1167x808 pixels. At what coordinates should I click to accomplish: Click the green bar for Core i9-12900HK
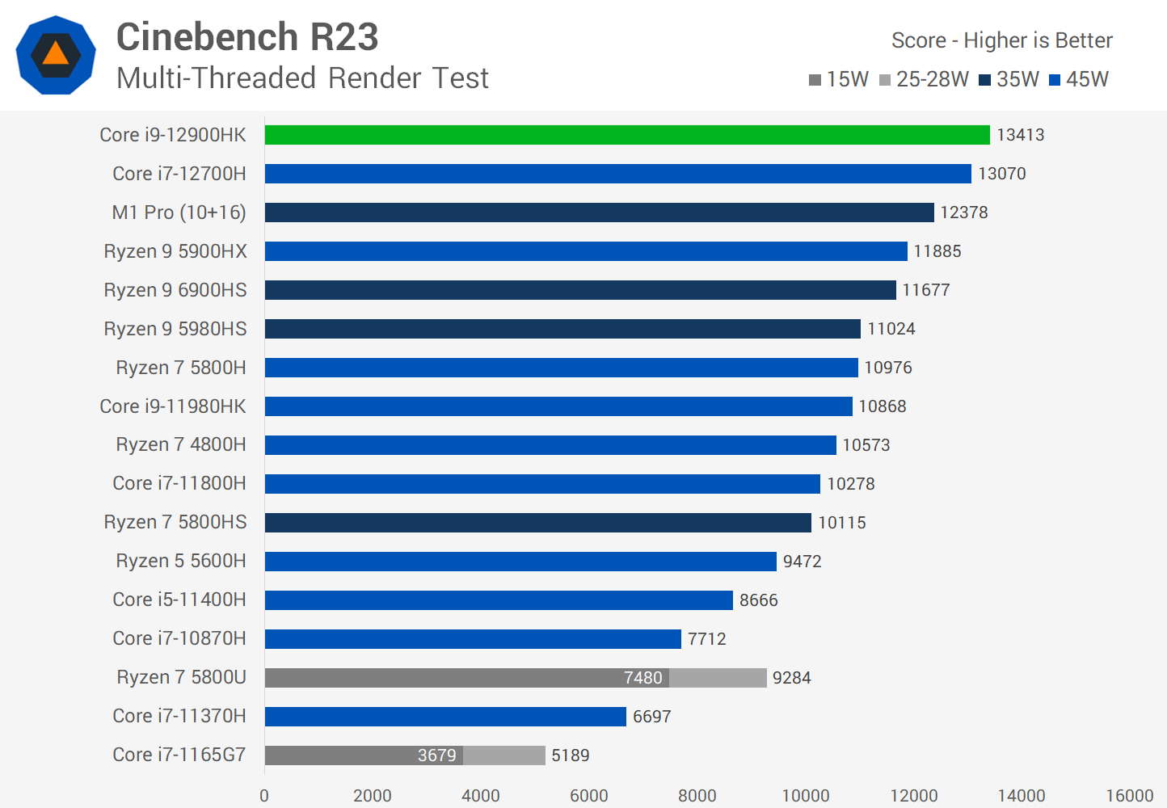[x=626, y=135]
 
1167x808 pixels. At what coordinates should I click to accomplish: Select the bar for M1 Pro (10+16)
[x=599, y=213]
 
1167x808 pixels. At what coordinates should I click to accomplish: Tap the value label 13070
[x=1001, y=174]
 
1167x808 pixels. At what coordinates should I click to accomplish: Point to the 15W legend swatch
[x=815, y=80]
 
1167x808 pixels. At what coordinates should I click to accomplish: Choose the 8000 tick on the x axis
[x=697, y=795]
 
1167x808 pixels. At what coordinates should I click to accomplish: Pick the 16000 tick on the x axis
[x=1129, y=795]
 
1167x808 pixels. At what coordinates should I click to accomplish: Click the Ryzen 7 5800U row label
[x=181, y=677]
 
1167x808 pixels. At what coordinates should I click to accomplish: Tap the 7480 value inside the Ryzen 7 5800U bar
[x=642, y=678]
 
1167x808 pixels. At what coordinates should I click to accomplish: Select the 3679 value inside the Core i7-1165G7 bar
[x=436, y=755]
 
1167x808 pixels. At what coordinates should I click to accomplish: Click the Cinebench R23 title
[x=247, y=37]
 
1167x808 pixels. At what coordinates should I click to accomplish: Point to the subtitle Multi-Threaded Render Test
[x=302, y=78]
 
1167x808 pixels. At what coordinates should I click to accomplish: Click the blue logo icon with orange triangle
[x=56, y=55]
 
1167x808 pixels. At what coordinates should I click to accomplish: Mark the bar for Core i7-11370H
[x=445, y=717]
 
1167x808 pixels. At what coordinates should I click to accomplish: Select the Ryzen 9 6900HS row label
[x=175, y=290]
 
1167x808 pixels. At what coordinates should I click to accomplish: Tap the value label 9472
[x=802, y=562]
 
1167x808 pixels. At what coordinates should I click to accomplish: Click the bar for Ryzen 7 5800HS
[x=537, y=523]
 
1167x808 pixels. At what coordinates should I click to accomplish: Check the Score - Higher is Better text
[x=1001, y=40]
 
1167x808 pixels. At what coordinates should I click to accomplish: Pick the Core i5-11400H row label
[x=179, y=600]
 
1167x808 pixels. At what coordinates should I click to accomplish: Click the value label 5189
[x=570, y=755]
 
